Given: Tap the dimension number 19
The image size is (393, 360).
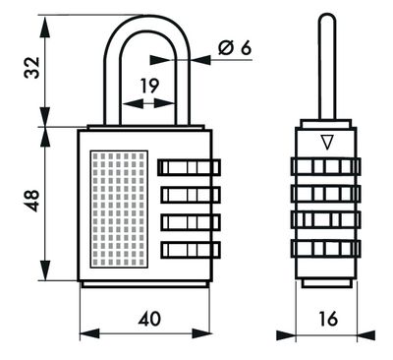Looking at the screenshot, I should point(148,87).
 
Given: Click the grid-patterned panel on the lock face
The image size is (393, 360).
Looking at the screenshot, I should point(118,209).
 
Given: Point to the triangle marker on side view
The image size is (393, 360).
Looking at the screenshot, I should point(325,143).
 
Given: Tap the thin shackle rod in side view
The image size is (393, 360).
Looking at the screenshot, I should point(325,69).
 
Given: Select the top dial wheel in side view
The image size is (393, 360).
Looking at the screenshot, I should point(325,166).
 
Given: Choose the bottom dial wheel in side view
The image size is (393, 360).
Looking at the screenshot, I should point(325,246).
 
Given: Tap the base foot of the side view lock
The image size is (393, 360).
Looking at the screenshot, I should point(325,282).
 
